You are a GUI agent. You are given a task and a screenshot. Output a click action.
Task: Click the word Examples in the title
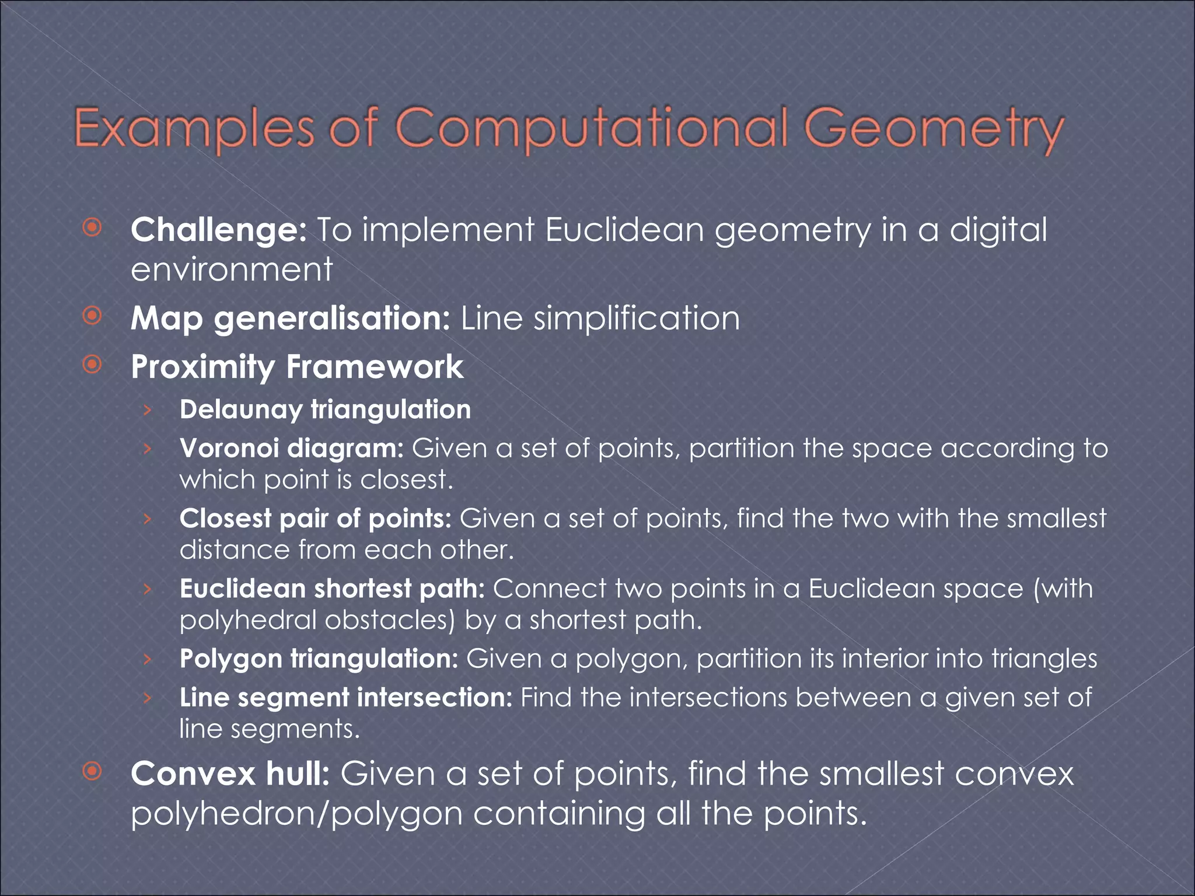point(194,129)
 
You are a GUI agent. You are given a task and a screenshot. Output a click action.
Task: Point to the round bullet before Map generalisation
point(92,316)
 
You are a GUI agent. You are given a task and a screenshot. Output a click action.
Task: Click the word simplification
point(637,319)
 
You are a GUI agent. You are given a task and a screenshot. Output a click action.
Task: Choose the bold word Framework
point(375,367)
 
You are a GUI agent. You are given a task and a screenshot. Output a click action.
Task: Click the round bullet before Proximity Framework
point(92,365)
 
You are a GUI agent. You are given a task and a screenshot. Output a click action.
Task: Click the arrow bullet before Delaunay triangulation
point(148,410)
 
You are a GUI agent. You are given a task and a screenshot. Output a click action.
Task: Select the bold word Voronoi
point(229,449)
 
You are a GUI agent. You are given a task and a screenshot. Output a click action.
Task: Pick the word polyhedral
point(248,620)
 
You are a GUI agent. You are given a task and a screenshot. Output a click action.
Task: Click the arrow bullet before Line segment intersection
point(148,698)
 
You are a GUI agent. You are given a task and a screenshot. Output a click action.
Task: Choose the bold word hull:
point(298,774)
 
